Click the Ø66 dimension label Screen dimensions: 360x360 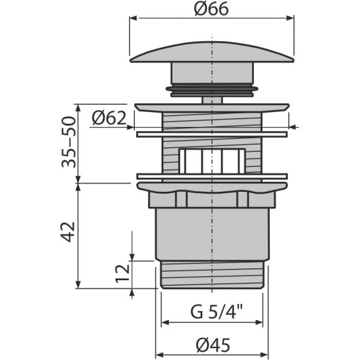point(211,9)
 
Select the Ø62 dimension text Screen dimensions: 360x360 point(109,118)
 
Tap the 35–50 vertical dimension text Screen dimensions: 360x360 point(69,142)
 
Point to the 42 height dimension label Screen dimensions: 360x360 point(69,232)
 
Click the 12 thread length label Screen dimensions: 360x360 point(122,274)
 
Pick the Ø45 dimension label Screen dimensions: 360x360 point(213,345)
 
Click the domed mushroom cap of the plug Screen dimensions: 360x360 point(211,52)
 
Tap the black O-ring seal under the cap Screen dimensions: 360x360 point(211,88)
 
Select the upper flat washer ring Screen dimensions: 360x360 point(211,134)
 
